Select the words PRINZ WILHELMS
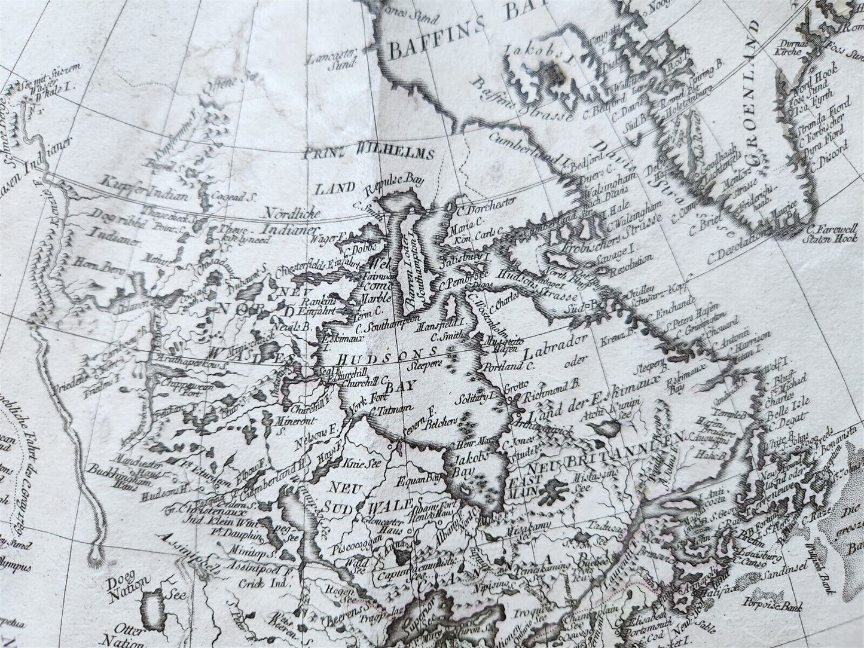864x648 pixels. (x=377, y=155)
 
